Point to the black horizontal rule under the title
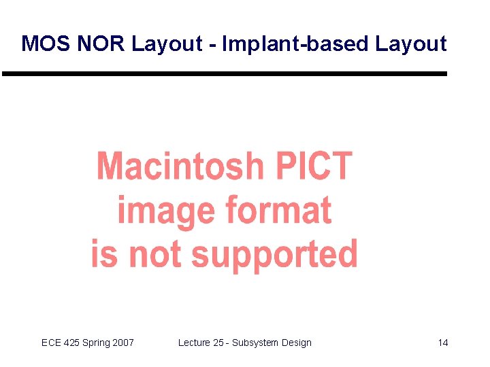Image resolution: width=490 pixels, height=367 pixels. (225, 73)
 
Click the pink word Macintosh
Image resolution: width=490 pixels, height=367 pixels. (180, 167)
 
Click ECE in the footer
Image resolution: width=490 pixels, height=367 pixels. (51, 343)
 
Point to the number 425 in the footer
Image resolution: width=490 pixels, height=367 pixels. (73, 343)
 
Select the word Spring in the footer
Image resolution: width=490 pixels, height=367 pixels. (97, 343)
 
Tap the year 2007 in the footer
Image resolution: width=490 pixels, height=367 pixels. (123, 343)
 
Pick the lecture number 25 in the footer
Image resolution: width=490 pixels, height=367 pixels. (218, 343)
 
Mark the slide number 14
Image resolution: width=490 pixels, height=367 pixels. (443, 343)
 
